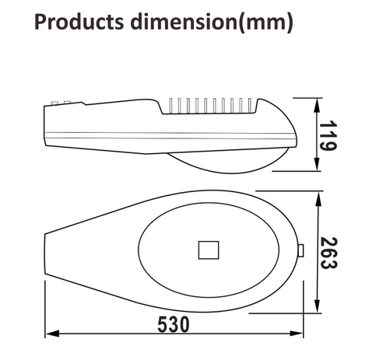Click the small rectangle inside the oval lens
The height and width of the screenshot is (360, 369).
[x=209, y=250]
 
